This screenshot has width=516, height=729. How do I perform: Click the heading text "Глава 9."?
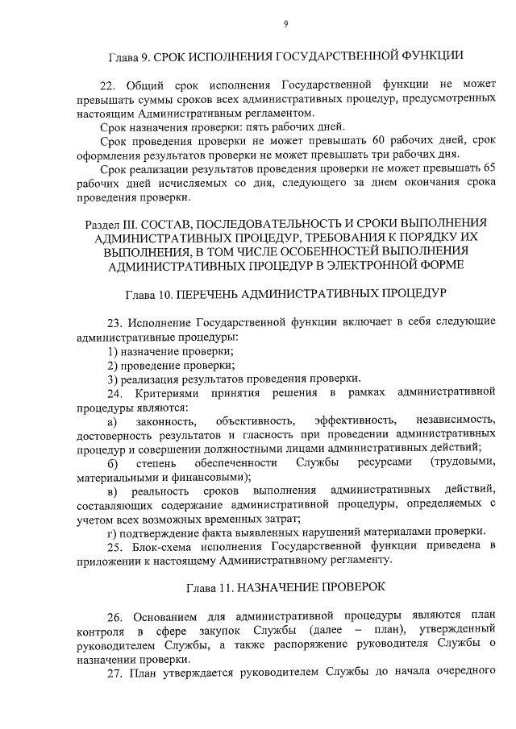[130, 56]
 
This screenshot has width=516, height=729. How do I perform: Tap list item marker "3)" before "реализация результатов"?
[114, 379]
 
